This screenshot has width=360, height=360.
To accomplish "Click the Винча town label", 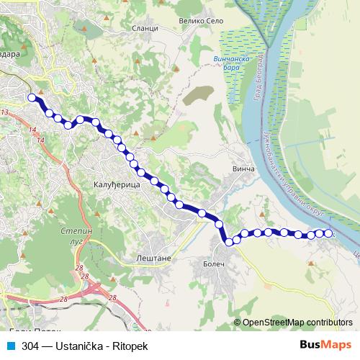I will point(245,168).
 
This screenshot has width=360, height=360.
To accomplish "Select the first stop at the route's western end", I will point(31,98).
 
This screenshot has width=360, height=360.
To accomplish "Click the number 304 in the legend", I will point(30,346).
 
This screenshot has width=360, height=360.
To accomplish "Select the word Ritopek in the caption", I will point(130,346).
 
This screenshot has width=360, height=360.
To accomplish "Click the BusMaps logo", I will point(325,346).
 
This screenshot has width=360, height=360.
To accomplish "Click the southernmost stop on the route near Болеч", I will point(230,242).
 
